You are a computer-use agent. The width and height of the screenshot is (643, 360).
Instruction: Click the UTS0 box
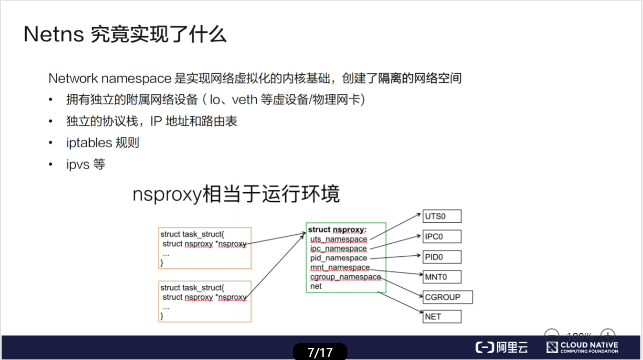[x=442, y=216]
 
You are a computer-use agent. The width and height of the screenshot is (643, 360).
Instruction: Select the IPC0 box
[x=442, y=236]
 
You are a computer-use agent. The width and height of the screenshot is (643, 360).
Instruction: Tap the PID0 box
[x=442, y=257]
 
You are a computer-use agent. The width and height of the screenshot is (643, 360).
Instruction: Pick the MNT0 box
[x=442, y=277]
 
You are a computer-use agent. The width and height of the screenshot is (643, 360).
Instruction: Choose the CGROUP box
[x=448, y=297]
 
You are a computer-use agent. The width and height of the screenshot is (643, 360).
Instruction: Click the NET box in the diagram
[x=442, y=317]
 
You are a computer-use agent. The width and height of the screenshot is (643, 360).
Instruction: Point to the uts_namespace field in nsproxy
[x=339, y=239]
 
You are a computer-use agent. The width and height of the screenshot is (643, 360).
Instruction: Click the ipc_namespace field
[x=339, y=248]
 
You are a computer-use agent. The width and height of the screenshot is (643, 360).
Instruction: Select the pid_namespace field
[x=339, y=258]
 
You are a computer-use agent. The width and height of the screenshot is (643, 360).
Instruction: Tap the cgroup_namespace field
[x=345, y=277]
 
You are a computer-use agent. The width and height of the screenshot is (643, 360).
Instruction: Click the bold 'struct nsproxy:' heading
[x=337, y=230]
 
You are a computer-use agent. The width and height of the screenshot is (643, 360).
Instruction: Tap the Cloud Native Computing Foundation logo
[x=582, y=347]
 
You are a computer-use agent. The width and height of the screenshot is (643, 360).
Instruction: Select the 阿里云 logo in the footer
[x=502, y=347]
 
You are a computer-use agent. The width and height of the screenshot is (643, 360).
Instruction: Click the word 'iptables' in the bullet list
[x=89, y=143]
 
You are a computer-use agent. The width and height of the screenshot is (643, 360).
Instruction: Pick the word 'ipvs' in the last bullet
[x=78, y=165]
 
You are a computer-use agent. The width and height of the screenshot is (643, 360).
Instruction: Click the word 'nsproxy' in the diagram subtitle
[x=167, y=194]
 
